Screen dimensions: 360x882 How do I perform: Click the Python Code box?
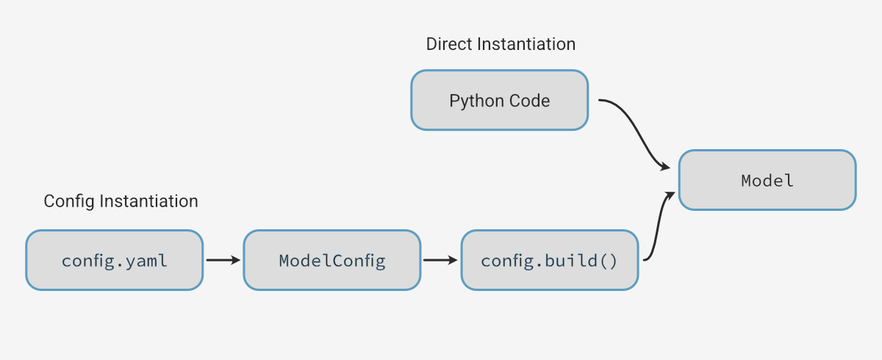(x=499, y=101)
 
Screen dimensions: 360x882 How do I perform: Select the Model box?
(x=767, y=180)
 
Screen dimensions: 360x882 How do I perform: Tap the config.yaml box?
(x=114, y=260)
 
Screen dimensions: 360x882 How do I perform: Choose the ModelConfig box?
(x=331, y=260)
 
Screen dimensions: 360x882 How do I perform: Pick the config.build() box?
(x=549, y=260)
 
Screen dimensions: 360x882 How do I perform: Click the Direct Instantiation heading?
(x=501, y=44)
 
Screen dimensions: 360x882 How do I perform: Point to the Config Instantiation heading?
(x=121, y=201)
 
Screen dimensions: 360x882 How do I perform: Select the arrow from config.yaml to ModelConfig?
(x=223, y=260)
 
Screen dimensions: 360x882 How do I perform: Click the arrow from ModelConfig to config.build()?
(x=440, y=260)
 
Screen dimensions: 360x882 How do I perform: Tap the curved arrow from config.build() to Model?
(x=657, y=228)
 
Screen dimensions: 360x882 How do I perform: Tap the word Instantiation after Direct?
(x=526, y=44)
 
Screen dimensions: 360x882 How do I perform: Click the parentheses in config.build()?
(x=609, y=260)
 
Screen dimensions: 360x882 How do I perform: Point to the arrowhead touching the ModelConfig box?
(x=236, y=260)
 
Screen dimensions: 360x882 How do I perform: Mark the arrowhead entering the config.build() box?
(x=453, y=260)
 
